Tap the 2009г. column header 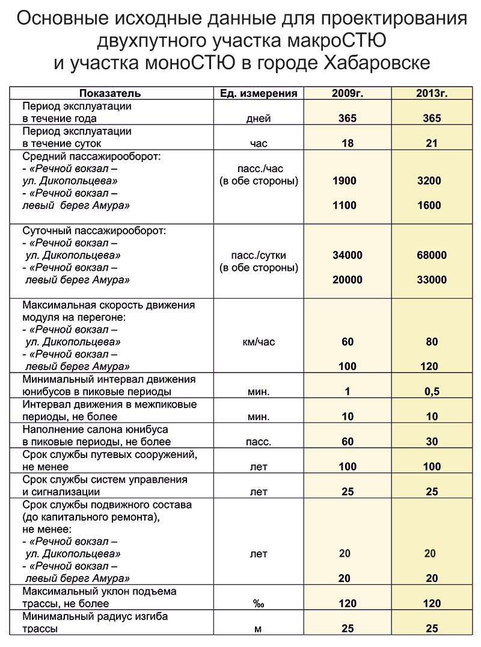(347, 93)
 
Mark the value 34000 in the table (347, 255)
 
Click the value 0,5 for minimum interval (431, 392)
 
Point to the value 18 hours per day (347, 143)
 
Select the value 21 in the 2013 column (431, 143)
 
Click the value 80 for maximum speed (431, 342)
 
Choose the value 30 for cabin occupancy (431, 442)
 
